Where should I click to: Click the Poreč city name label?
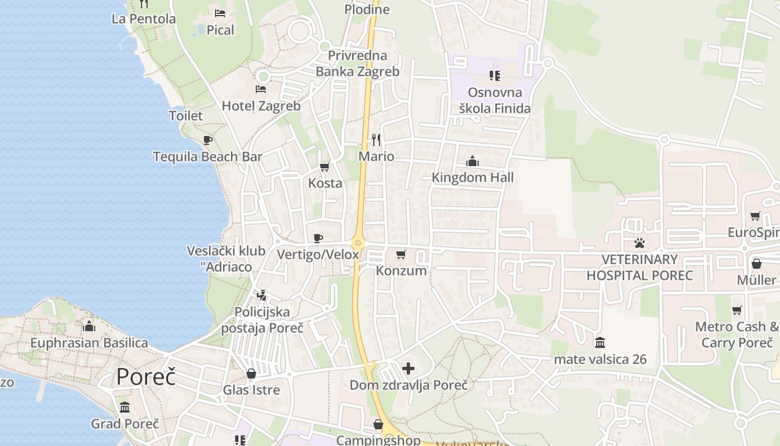click(x=146, y=377)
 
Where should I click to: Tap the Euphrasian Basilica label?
click(x=89, y=343)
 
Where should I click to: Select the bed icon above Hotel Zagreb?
click(x=260, y=89)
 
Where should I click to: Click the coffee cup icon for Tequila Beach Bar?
click(x=208, y=140)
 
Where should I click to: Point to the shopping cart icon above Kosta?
click(x=325, y=167)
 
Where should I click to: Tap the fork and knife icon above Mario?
click(x=376, y=139)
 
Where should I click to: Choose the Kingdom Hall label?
click(x=472, y=178)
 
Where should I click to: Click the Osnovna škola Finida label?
click(x=495, y=100)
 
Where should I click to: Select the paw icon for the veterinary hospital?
click(x=639, y=243)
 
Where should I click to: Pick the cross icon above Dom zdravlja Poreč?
click(x=408, y=369)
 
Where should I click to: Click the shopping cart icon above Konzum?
click(x=401, y=255)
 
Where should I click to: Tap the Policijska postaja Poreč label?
click(x=262, y=319)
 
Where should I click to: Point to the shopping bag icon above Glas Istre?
click(x=251, y=374)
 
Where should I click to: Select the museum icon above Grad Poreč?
click(x=125, y=408)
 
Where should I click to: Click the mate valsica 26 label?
click(x=600, y=360)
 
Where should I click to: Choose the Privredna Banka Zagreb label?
click(x=358, y=64)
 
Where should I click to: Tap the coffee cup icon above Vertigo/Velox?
click(x=318, y=239)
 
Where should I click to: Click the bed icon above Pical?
click(x=220, y=13)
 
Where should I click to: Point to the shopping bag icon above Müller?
click(x=757, y=263)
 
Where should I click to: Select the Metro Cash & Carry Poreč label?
click(x=737, y=334)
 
